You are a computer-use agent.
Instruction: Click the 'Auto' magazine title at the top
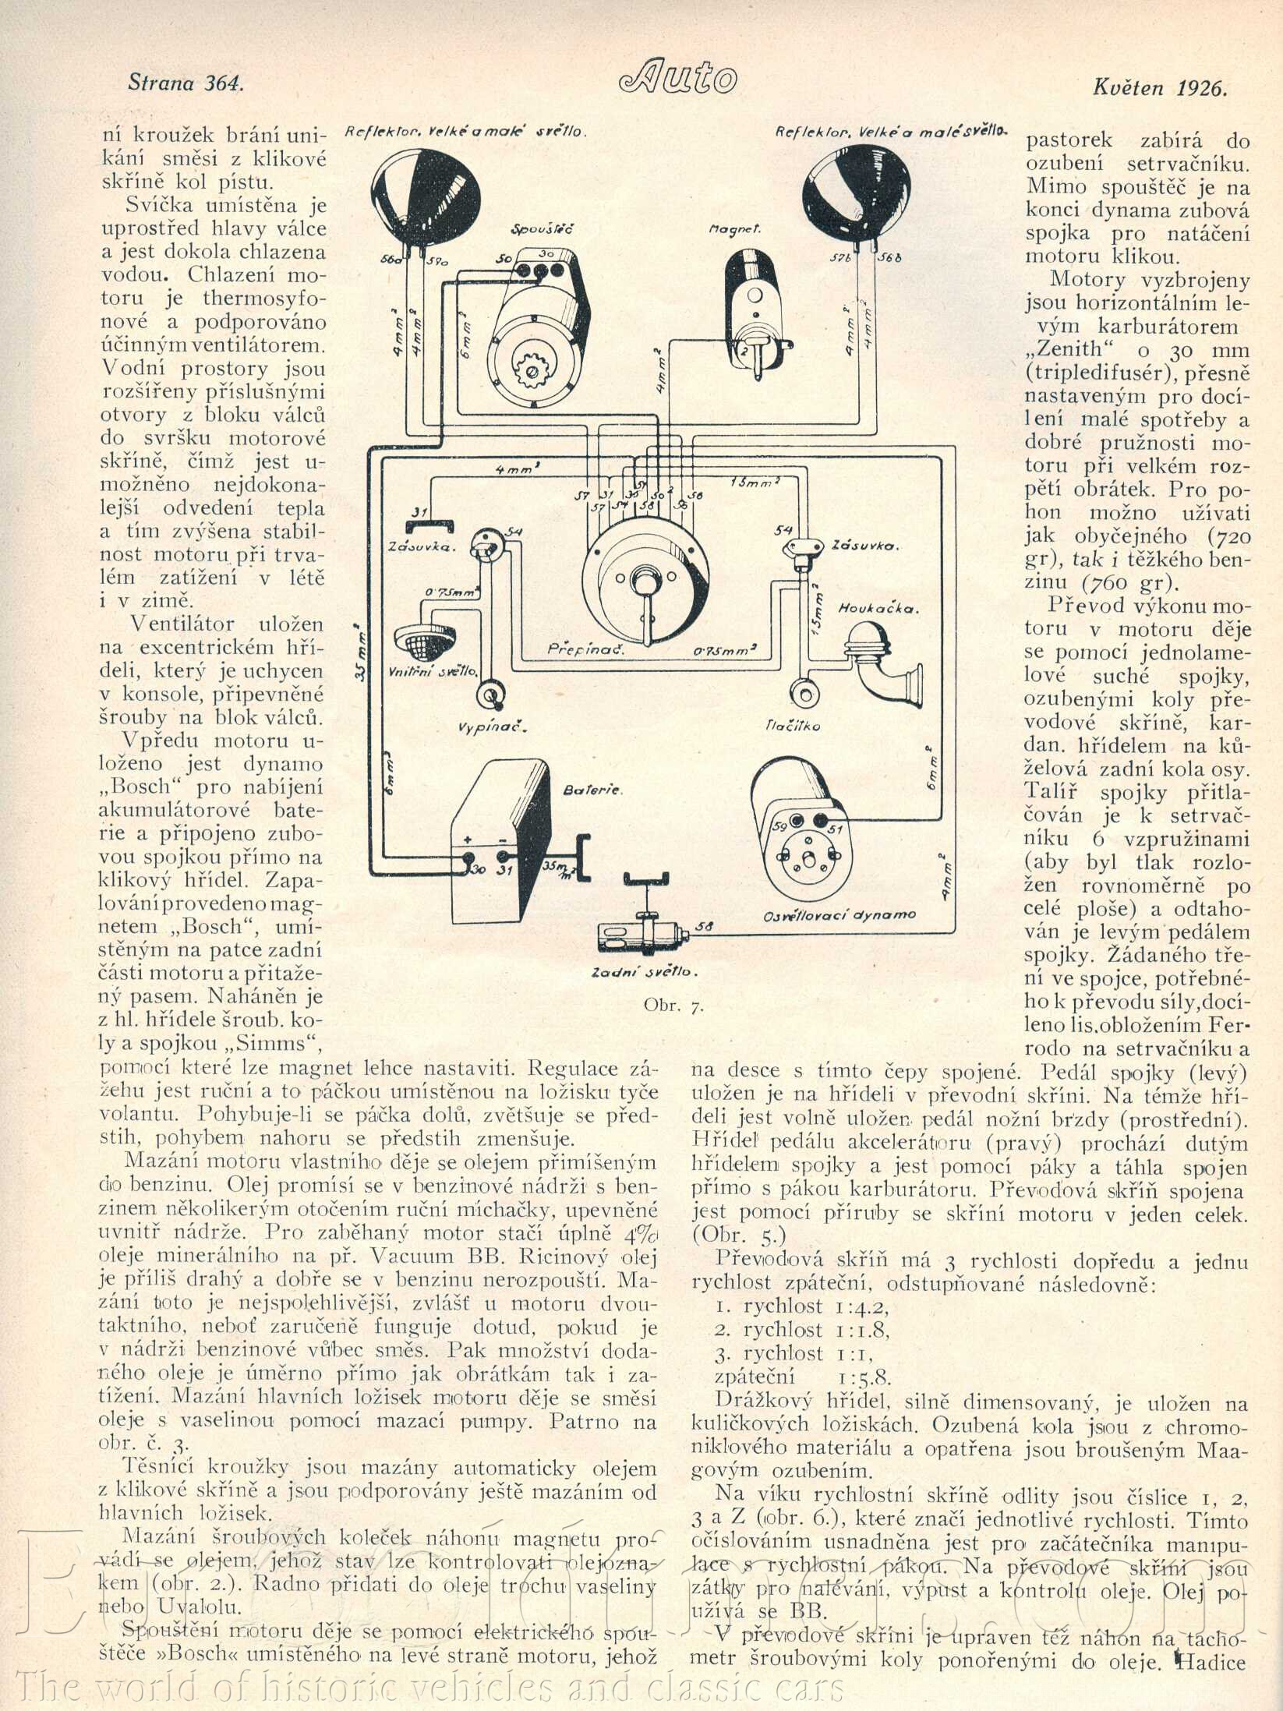pyautogui.click(x=678, y=78)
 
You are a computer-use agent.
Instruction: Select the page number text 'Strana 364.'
pyautogui.click(x=186, y=83)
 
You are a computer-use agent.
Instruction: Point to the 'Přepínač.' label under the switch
pyautogui.click(x=578, y=649)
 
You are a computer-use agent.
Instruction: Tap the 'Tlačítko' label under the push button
pyautogui.click(x=793, y=726)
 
